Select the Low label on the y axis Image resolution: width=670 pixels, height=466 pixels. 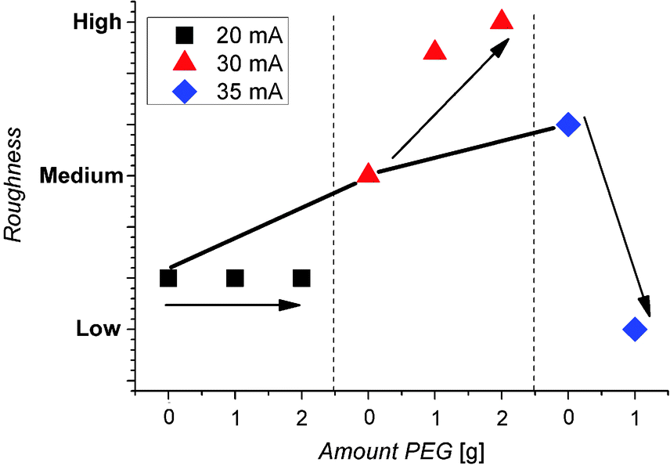99,329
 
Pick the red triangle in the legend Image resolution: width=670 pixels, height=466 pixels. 185,63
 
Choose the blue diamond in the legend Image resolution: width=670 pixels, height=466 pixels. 185,92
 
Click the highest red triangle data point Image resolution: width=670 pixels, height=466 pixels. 502,20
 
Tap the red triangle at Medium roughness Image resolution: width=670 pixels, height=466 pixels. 368,174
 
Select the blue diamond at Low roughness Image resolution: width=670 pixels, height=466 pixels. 635,329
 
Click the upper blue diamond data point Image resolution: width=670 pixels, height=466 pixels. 568,124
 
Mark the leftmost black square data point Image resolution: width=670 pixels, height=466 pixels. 168,278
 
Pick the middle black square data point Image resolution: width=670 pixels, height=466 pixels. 235,278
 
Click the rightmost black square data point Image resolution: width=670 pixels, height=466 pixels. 301,278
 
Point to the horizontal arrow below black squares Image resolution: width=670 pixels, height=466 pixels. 233,305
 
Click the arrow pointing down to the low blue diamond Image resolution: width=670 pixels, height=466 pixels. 618,215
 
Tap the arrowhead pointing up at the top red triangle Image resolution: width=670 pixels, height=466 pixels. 501,45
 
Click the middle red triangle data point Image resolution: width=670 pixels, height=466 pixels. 434,52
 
